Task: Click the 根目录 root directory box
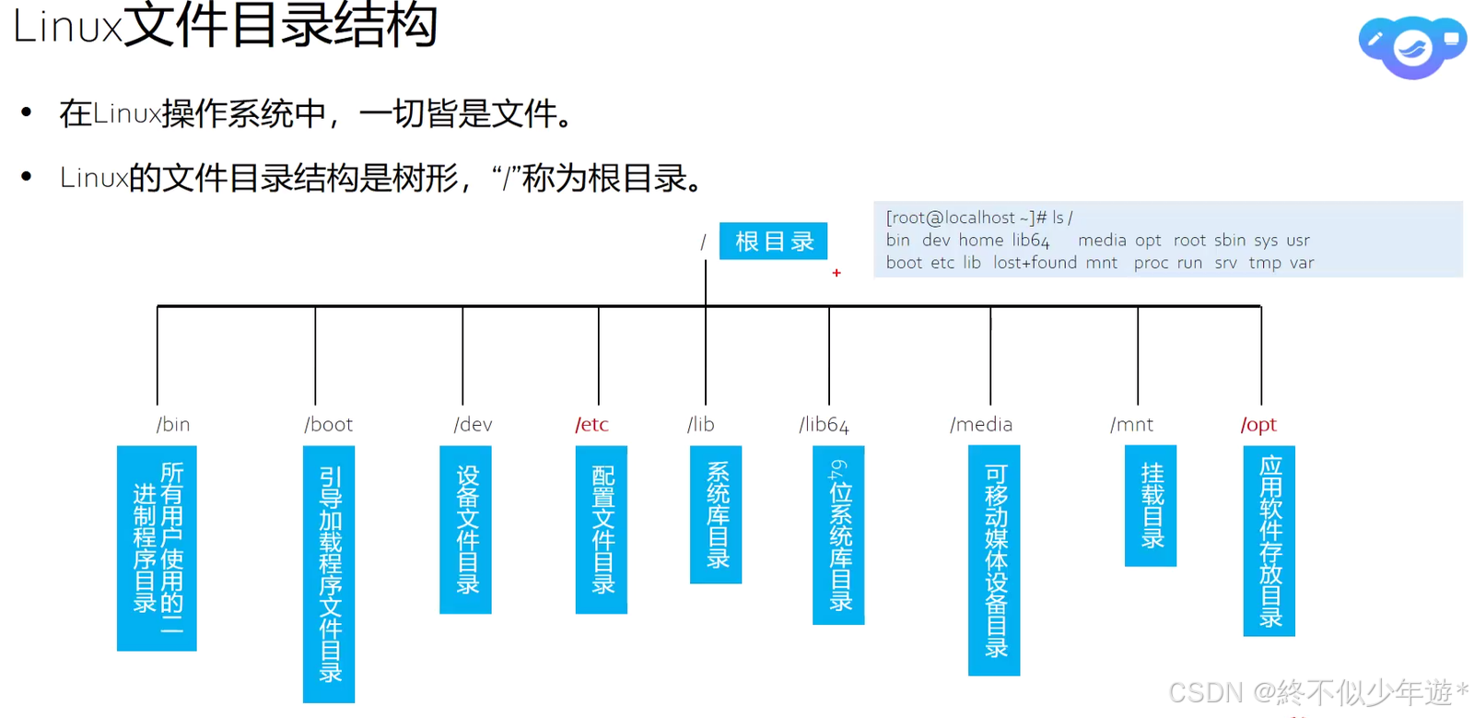[773, 241]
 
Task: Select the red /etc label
[591, 424]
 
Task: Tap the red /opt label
[1258, 424]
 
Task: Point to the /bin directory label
[173, 424]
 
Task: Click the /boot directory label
[329, 424]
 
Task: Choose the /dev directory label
[473, 424]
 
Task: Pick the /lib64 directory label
[824, 424]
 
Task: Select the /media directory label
[981, 424]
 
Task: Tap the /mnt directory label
[1131, 424]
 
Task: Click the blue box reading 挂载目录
[1151, 505]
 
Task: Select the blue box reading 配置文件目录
[602, 529]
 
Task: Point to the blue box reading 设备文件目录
[466, 529]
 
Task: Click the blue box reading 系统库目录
[716, 514]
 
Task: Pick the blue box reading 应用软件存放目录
[1269, 540]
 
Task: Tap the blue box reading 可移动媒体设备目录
[994, 559]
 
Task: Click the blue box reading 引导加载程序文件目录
[329, 573]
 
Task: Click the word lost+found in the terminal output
[1035, 263]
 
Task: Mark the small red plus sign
[836, 273]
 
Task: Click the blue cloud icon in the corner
[1411, 46]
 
